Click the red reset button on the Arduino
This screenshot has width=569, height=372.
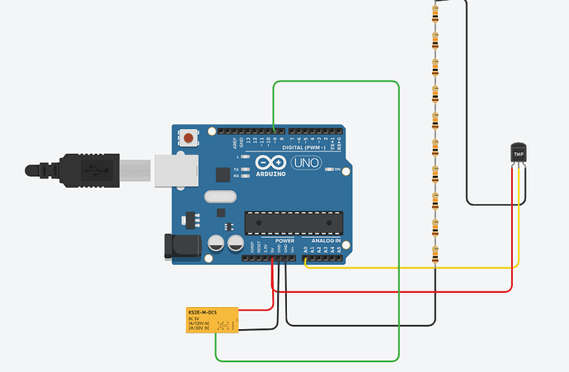pyautogui.click(x=190, y=138)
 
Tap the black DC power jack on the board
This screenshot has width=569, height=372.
pyautogui.click(x=179, y=246)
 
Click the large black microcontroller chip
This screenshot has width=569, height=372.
pyautogui.click(x=293, y=222)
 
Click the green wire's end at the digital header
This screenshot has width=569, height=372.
pyautogui.click(x=274, y=130)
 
